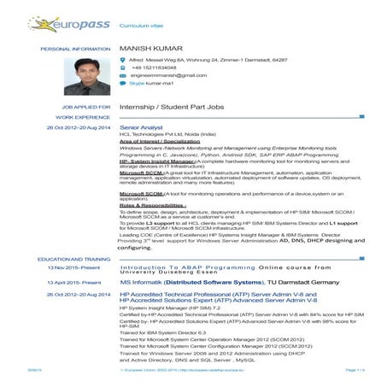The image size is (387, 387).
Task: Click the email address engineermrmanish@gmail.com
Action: [x=168, y=76]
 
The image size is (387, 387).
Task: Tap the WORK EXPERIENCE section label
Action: [x=84, y=116]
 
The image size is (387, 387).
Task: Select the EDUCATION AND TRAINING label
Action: [x=74, y=258]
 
